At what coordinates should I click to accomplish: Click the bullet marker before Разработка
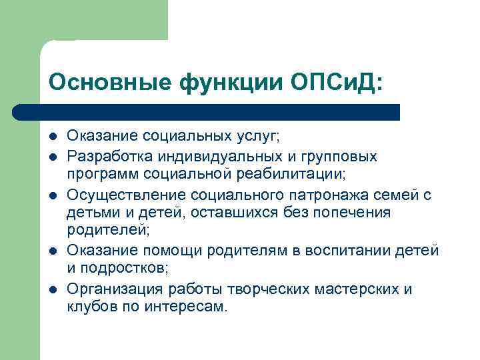tap(53, 157)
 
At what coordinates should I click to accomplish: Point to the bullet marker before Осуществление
tap(53, 195)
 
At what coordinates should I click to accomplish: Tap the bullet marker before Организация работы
tap(53, 289)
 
